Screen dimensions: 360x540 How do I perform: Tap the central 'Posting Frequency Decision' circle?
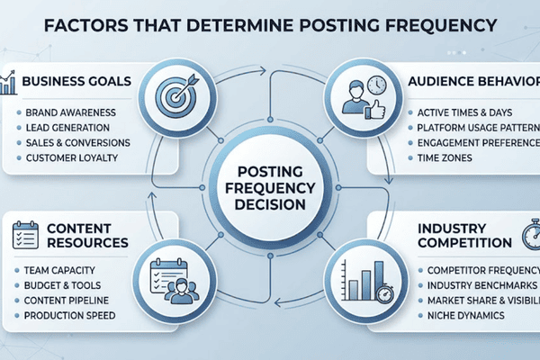[x=269, y=180]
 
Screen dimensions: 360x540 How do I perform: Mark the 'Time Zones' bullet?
[x=445, y=159]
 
